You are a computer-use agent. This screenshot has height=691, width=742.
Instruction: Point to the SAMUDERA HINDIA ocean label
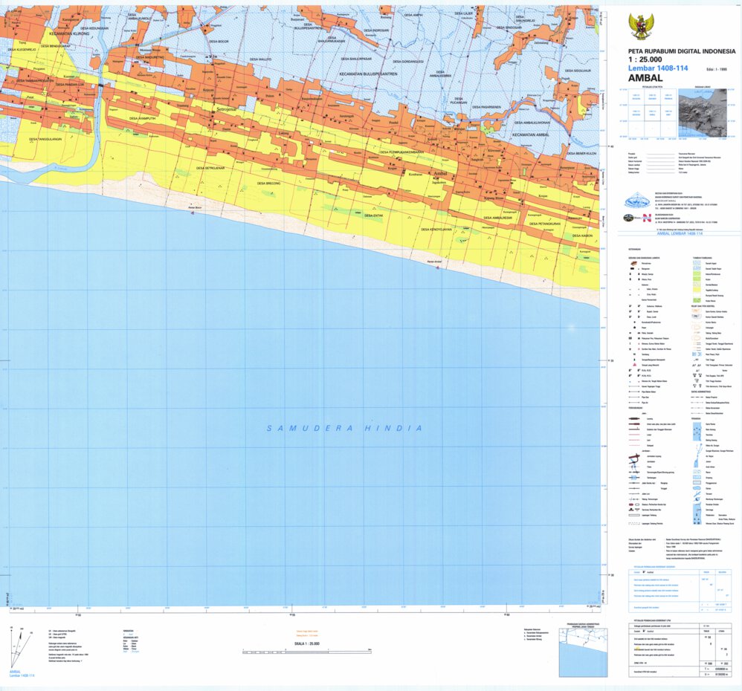pyautogui.click(x=346, y=429)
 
